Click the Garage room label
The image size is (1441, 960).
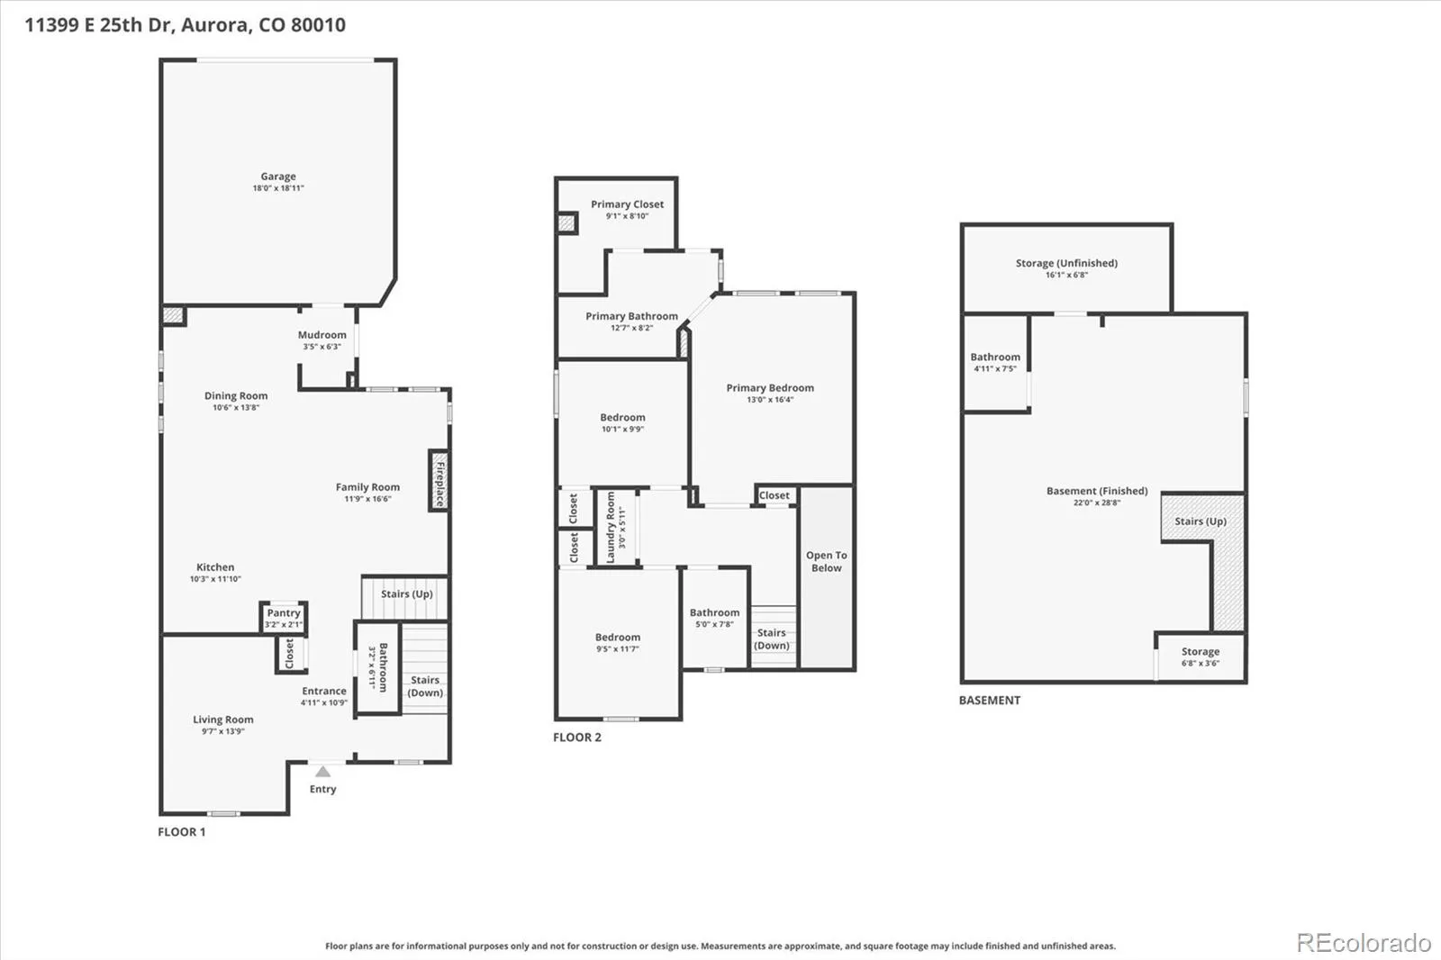coord(278,177)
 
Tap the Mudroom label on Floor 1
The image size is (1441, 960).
coord(322,335)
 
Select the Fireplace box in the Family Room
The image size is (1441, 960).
coord(440,481)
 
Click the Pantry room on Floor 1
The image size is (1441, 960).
coord(284,618)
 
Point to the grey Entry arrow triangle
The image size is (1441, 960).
coord(323,772)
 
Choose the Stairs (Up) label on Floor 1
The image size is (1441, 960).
coord(406,593)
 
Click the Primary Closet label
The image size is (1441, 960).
coord(627,204)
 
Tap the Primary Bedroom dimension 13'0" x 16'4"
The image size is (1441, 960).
coord(770,400)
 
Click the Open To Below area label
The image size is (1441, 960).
coord(827,561)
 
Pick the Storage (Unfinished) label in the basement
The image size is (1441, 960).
coord(1066,263)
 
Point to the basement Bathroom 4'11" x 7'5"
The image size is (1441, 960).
coord(995,362)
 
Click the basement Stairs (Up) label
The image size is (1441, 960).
coord(1201,521)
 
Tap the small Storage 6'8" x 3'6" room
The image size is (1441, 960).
coord(1201,657)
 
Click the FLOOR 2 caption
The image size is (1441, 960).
coord(577,738)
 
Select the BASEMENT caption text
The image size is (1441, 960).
coord(990,700)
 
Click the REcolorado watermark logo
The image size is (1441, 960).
coord(1364,943)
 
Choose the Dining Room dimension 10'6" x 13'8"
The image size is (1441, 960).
coord(236,407)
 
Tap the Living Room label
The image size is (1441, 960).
coord(223,720)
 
